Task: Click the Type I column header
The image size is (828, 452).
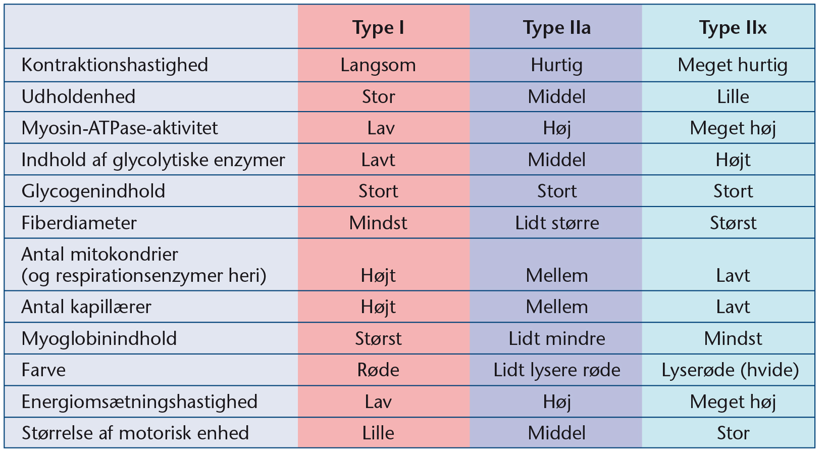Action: pos(378,28)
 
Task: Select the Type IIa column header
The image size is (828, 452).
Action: pos(557,28)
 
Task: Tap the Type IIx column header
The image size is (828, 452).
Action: pos(733,28)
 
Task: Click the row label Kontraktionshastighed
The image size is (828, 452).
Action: pos(115,66)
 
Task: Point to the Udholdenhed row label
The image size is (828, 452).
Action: pos(78,96)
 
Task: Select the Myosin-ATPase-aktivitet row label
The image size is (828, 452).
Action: pos(120,128)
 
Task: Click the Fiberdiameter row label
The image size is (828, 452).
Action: pos(79,223)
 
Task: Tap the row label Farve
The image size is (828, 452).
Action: pos(43,370)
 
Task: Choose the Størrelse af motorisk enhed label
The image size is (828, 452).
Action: pos(135,433)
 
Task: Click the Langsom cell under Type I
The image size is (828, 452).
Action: pos(378,66)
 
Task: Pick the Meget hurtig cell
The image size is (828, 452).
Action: pos(733,66)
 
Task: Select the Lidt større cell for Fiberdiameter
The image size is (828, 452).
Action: pos(557,223)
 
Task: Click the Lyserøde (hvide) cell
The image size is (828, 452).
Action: pos(730,370)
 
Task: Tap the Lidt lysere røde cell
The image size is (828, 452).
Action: pos(557,370)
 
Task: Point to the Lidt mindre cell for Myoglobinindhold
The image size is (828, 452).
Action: pos(557,338)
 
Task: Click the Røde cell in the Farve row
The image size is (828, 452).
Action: pos(378,370)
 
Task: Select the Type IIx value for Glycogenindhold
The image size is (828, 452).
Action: pos(733,191)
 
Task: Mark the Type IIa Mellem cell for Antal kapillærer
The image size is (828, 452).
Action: pos(557,307)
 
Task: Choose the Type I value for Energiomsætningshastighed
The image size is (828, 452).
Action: pos(378,401)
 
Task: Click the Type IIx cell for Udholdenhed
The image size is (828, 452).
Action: pos(733,96)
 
